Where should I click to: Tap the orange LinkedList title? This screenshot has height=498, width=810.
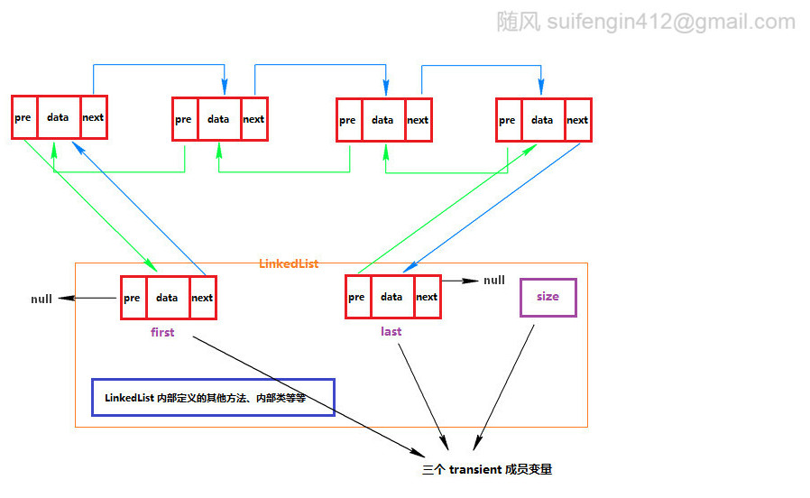point(289,264)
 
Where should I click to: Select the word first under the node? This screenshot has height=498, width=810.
point(162,332)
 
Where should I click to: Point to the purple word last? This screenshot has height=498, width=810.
point(391,332)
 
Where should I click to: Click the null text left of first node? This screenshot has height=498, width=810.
point(41,300)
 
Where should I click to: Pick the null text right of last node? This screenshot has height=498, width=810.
point(494,281)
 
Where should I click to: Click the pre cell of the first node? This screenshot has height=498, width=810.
point(133,298)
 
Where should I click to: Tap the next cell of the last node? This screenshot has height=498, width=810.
point(428,297)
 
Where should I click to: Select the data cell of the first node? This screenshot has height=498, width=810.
point(168,298)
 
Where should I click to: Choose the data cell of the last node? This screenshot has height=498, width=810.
point(392,297)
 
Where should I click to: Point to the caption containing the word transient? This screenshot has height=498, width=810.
point(487,470)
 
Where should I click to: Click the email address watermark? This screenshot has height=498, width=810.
point(671,22)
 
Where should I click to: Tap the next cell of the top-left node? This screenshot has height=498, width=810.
point(94,117)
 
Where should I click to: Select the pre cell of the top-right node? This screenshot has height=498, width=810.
point(509,120)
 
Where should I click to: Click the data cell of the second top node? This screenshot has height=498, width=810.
point(219,119)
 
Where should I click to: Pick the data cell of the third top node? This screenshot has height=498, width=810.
point(383,120)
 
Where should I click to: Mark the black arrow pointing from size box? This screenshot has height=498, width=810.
point(504,387)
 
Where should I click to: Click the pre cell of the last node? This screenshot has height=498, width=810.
point(358,297)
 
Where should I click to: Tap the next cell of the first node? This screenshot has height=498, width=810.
point(203,298)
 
